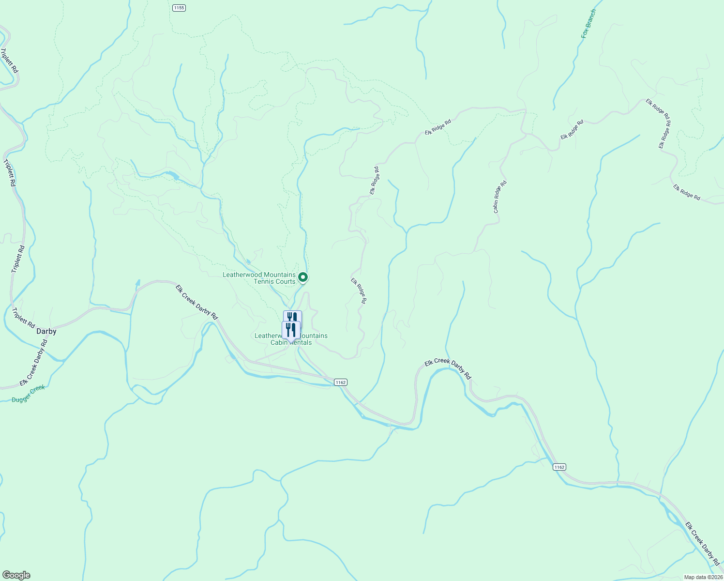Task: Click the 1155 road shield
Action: (x=179, y=8)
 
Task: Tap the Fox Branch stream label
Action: (x=589, y=24)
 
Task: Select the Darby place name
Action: (x=46, y=332)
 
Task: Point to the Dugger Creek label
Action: (x=29, y=394)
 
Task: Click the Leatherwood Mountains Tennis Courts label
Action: (x=259, y=278)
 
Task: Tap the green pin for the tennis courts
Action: (x=303, y=277)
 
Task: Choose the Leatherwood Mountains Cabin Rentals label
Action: (x=291, y=339)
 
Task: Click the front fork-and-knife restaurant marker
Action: (x=291, y=330)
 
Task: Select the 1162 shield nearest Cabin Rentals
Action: (x=340, y=382)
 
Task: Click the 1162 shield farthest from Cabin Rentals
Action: (x=559, y=467)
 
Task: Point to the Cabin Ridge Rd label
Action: (x=499, y=197)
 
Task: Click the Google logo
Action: (x=16, y=575)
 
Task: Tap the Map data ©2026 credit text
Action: (x=703, y=577)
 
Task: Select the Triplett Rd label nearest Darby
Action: (x=24, y=317)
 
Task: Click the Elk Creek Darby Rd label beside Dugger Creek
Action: (x=34, y=362)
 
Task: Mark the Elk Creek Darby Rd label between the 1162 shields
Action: (x=448, y=368)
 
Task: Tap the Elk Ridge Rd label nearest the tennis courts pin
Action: (x=359, y=290)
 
